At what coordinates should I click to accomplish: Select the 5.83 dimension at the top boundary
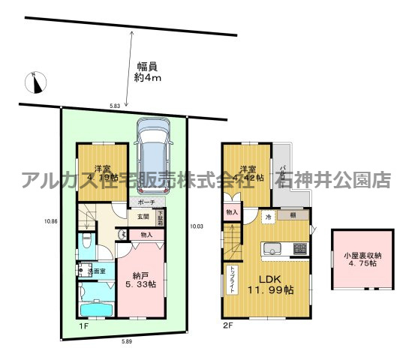pos(115,106)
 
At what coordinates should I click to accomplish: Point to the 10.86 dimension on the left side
pos(50,220)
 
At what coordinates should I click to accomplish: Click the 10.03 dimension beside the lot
pos(197,225)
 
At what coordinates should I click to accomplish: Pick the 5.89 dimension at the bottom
pos(129,340)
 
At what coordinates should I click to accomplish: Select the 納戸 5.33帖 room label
pos(140,279)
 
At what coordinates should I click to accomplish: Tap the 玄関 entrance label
pos(142,217)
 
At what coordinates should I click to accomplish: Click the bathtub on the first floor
pos(96,308)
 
